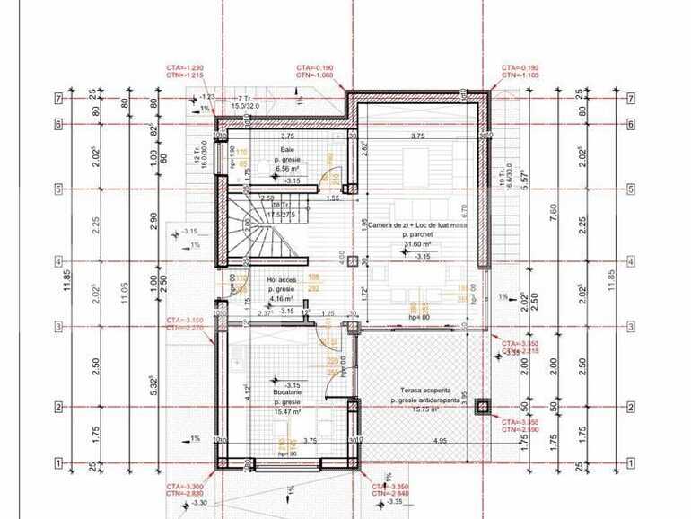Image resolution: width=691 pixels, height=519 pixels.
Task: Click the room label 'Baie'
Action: tap(287, 149)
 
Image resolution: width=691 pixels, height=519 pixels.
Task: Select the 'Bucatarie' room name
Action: tap(287, 392)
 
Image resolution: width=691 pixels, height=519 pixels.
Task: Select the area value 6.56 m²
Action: tap(287, 167)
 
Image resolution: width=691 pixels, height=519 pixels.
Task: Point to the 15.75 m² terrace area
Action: tap(420, 409)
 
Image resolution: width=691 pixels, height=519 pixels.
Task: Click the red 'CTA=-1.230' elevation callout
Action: tap(184, 68)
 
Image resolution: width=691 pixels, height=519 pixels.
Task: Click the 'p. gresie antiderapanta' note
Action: tap(420, 400)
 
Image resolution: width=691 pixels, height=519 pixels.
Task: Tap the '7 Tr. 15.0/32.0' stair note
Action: tap(243, 101)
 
